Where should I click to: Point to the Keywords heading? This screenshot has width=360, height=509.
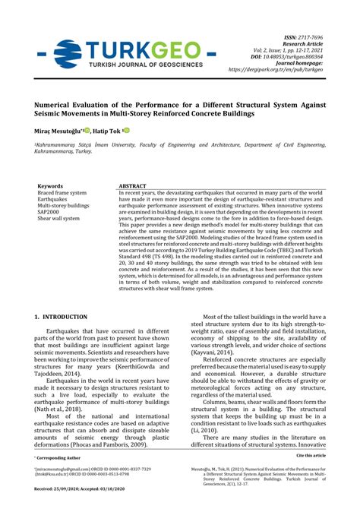pyautogui.click(x=50, y=185)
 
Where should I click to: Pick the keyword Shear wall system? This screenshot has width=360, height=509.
pyautogui.click(x=59, y=219)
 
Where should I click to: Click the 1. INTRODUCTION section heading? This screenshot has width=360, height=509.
pyautogui.click(x=67, y=315)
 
